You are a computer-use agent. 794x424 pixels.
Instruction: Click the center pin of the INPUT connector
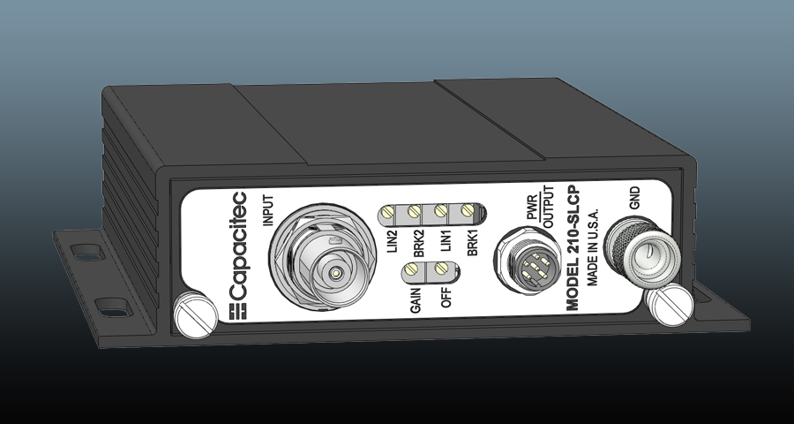tap(336, 275)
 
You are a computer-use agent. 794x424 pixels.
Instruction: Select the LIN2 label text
tap(390, 239)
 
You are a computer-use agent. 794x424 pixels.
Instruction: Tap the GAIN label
tap(415, 300)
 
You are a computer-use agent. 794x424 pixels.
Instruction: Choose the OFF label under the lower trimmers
tap(446, 296)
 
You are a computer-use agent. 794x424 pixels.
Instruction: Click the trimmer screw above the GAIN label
tap(413, 271)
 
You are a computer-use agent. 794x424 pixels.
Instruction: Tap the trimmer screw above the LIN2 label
tap(389, 211)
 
